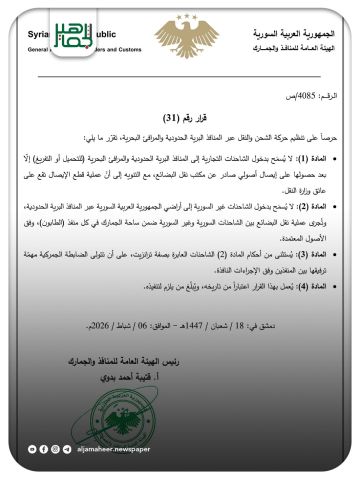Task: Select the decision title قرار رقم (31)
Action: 181,116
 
